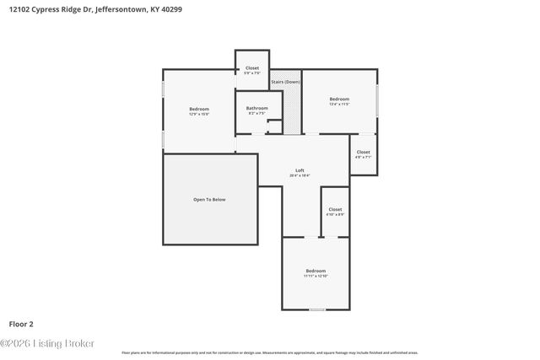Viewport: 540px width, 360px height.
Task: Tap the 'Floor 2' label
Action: point(21,323)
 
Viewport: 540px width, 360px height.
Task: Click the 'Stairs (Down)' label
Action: point(285,82)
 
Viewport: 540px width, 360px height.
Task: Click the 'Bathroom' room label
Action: point(256,108)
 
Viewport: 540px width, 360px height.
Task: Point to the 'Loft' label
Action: point(300,170)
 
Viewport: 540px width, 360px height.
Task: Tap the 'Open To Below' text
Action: point(209,199)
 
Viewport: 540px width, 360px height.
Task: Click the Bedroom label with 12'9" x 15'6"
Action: point(199,109)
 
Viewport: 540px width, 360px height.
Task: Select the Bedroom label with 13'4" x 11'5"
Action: point(338,99)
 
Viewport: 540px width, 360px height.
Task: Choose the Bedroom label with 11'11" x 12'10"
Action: point(316,271)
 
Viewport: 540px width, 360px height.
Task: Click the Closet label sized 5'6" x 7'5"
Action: point(252,67)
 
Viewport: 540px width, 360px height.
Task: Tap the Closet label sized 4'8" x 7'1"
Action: point(363,152)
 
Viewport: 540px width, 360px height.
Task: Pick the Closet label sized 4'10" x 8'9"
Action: point(335,209)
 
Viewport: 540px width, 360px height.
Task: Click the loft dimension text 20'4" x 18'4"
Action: point(300,175)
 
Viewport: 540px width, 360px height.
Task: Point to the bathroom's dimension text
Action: point(256,113)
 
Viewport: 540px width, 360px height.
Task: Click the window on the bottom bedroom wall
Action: point(316,309)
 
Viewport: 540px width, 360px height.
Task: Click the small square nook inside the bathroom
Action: point(274,126)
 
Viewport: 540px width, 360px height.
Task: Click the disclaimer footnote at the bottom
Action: point(270,352)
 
